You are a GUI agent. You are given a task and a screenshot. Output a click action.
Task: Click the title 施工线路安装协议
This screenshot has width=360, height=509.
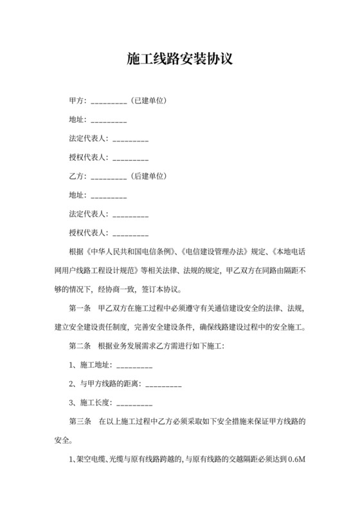click(179, 60)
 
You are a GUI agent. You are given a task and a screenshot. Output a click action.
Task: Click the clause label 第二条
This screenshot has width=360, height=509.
click(80, 346)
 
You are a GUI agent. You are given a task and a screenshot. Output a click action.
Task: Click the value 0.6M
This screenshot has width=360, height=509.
click(296, 460)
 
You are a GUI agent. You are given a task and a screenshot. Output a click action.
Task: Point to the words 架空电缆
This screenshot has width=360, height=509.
click(91, 460)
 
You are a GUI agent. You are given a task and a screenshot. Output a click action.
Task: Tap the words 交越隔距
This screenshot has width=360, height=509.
click(236, 460)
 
